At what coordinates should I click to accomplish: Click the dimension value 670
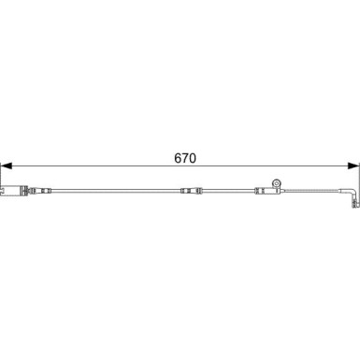[185, 158]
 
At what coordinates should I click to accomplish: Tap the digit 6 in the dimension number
[178, 158]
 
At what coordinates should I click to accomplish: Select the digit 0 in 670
[193, 158]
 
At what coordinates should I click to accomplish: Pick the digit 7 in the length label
[185, 158]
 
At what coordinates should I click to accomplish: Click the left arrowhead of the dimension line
[7, 166]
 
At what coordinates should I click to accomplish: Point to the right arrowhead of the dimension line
[353, 166]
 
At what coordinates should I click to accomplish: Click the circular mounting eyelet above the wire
[276, 183]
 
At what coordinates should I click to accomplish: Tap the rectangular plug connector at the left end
[12, 191]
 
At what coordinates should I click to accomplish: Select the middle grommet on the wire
[192, 191]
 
